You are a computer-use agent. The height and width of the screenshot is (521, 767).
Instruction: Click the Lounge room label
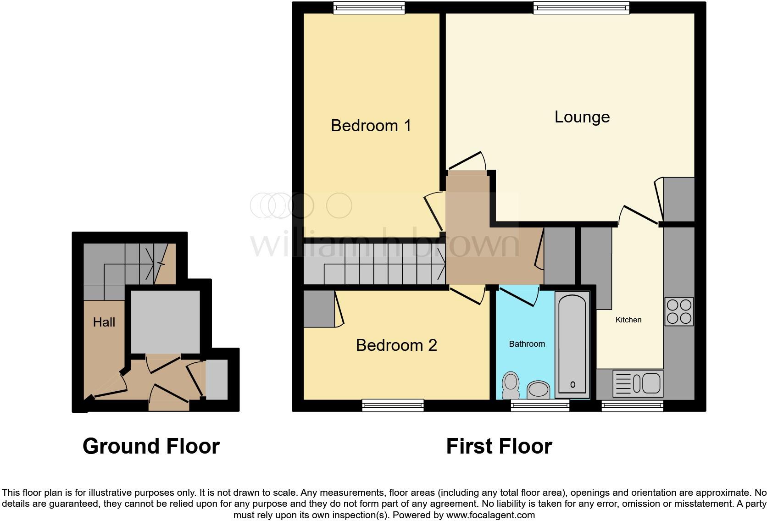[x=582, y=117]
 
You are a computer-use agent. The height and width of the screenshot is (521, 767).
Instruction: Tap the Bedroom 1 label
[x=371, y=125]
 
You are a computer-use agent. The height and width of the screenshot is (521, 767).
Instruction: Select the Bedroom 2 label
[x=396, y=345]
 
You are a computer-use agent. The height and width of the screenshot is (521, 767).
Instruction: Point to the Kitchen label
[x=628, y=320]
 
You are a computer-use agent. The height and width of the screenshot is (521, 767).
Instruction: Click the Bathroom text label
[x=527, y=344]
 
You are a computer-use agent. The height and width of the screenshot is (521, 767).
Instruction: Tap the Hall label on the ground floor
[x=104, y=322]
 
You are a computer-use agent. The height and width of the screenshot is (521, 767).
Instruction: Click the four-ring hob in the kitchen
[x=679, y=311]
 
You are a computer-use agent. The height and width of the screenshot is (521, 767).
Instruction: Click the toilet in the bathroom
[x=511, y=385]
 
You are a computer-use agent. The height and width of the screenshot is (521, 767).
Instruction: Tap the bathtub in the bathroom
[x=572, y=344]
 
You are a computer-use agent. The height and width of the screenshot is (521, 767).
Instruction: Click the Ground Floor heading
[x=151, y=446]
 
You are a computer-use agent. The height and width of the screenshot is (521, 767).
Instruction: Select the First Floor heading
[x=499, y=446]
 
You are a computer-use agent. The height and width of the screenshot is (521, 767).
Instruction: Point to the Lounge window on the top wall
[x=581, y=7]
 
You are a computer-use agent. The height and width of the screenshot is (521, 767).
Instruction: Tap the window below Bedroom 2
[x=393, y=405]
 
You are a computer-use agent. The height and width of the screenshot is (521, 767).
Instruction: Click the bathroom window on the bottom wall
[x=540, y=405]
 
